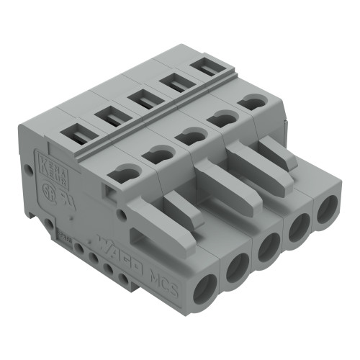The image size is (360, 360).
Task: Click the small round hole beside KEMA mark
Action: [x=29, y=171]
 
